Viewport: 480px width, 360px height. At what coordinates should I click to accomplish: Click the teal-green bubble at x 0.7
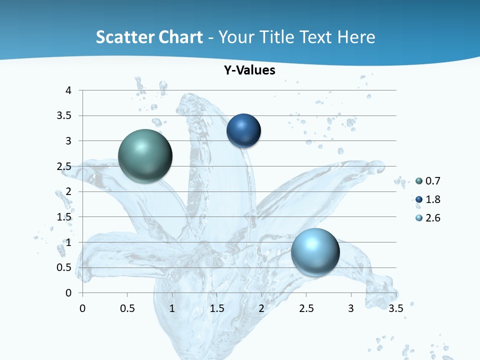point(145,156)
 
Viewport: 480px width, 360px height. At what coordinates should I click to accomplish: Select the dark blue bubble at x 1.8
point(244,130)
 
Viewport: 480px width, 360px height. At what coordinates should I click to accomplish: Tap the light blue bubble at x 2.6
point(315,251)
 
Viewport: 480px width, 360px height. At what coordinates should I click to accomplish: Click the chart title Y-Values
point(249,70)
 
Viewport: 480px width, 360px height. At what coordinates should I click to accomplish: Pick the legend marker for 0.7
point(419,181)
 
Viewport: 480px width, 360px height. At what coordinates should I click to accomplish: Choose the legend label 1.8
point(433,199)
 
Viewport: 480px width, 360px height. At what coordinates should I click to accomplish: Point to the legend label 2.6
point(433,218)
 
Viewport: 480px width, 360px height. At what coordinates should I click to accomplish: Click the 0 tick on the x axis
point(82,308)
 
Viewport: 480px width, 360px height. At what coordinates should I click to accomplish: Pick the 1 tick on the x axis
point(172,308)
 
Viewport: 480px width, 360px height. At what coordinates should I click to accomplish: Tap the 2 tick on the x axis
point(261,308)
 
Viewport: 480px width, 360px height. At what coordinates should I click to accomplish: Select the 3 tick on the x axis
point(351,308)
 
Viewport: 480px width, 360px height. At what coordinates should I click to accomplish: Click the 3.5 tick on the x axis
point(395,308)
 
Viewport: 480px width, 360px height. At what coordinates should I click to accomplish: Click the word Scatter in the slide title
point(125,37)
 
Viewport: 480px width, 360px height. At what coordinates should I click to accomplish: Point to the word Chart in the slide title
point(180,37)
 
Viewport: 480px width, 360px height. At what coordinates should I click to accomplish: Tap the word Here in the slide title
point(356,37)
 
